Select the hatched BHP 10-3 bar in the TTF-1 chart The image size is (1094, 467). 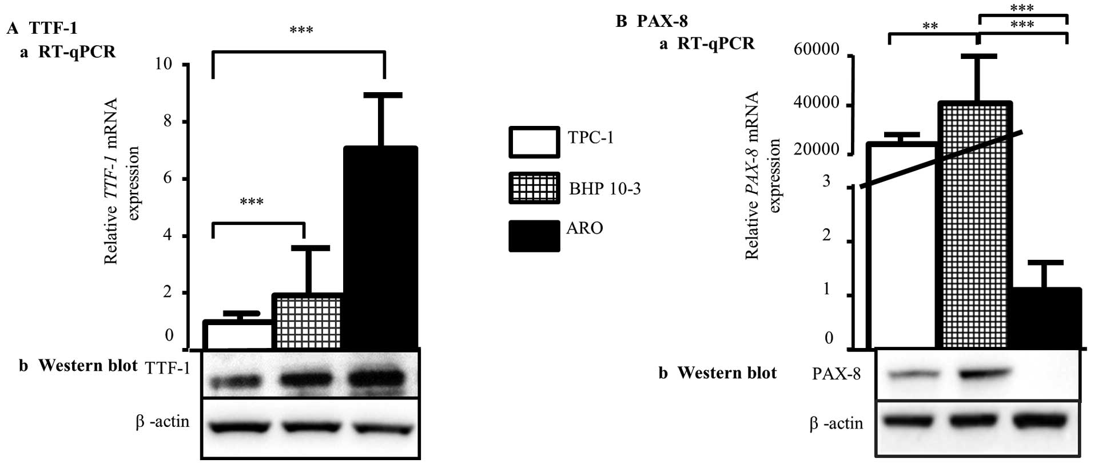coord(307,321)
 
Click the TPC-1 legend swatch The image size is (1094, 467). coord(534,142)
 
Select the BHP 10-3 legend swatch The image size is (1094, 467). coord(534,188)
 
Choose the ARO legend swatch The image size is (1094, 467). coord(534,236)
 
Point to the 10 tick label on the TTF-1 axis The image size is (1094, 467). coord(163,64)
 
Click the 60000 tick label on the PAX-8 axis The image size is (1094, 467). coord(817,50)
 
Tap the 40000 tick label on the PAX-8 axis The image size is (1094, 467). coord(817,103)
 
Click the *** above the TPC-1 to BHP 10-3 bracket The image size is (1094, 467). coord(252,202)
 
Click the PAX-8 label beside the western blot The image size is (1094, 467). coord(836,374)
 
